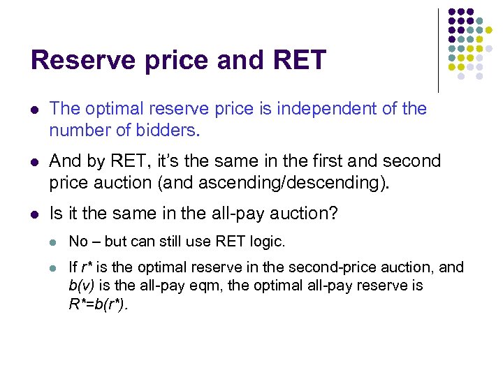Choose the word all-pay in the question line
click(x=229, y=214)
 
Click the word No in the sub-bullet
click(x=78, y=242)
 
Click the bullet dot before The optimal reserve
click(x=35, y=110)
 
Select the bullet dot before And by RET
click(x=35, y=162)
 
